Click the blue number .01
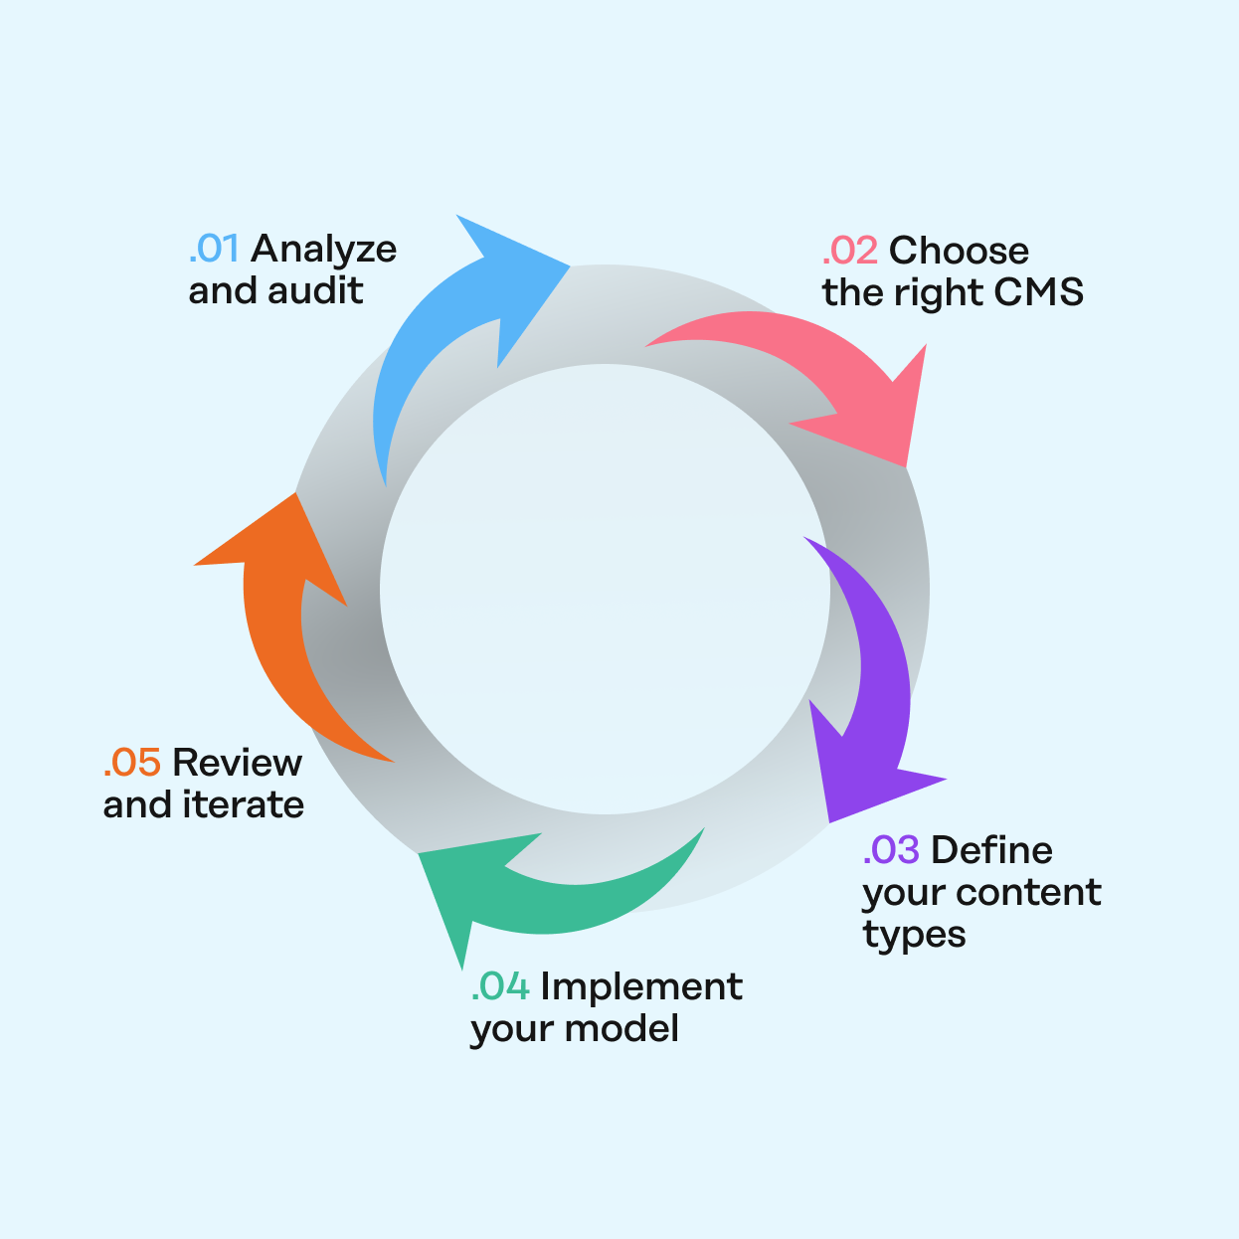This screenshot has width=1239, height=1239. tap(214, 249)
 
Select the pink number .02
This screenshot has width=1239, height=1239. tap(850, 251)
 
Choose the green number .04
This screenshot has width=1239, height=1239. tap(500, 986)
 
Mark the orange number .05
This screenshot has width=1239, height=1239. tap(132, 763)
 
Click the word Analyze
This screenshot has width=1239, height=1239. tap(324, 249)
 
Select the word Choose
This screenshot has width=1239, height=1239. tap(960, 251)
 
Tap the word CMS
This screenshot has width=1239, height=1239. tap(1039, 292)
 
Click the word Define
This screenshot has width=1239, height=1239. tap(992, 850)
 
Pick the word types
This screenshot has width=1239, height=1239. tap(914, 936)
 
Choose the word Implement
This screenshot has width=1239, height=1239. tap(641, 986)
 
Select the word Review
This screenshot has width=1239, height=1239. tap(238, 763)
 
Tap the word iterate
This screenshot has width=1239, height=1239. tap(246, 804)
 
